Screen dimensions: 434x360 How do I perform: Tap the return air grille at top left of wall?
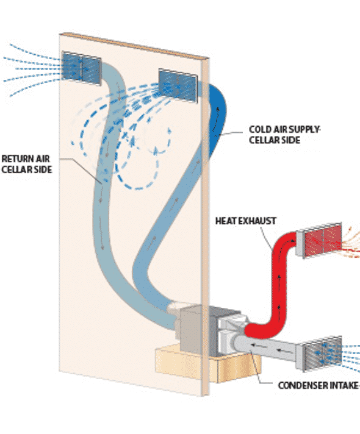click(x=81, y=65)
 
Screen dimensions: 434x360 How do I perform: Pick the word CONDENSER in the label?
click(x=299, y=385)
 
